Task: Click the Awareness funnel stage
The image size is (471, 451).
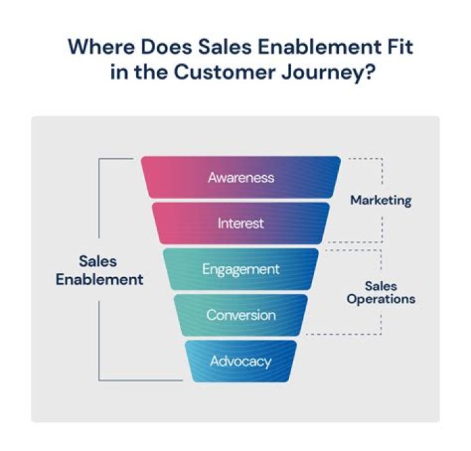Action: pos(241,177)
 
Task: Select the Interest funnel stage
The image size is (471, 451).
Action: pos(241,223)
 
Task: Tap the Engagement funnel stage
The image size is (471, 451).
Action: pos(241,269)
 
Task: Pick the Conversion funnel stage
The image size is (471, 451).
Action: pos(241,314)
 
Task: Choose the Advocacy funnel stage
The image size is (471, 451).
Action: pos(241,360)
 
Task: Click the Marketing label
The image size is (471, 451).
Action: pos(381,200)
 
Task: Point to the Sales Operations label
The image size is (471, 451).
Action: pos(381,292)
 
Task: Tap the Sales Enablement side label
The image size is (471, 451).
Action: pos(99,270)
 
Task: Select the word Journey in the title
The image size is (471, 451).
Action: pos(324,73)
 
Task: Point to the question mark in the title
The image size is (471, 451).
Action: pos(370,73)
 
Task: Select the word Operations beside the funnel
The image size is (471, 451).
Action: pos(381,299)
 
